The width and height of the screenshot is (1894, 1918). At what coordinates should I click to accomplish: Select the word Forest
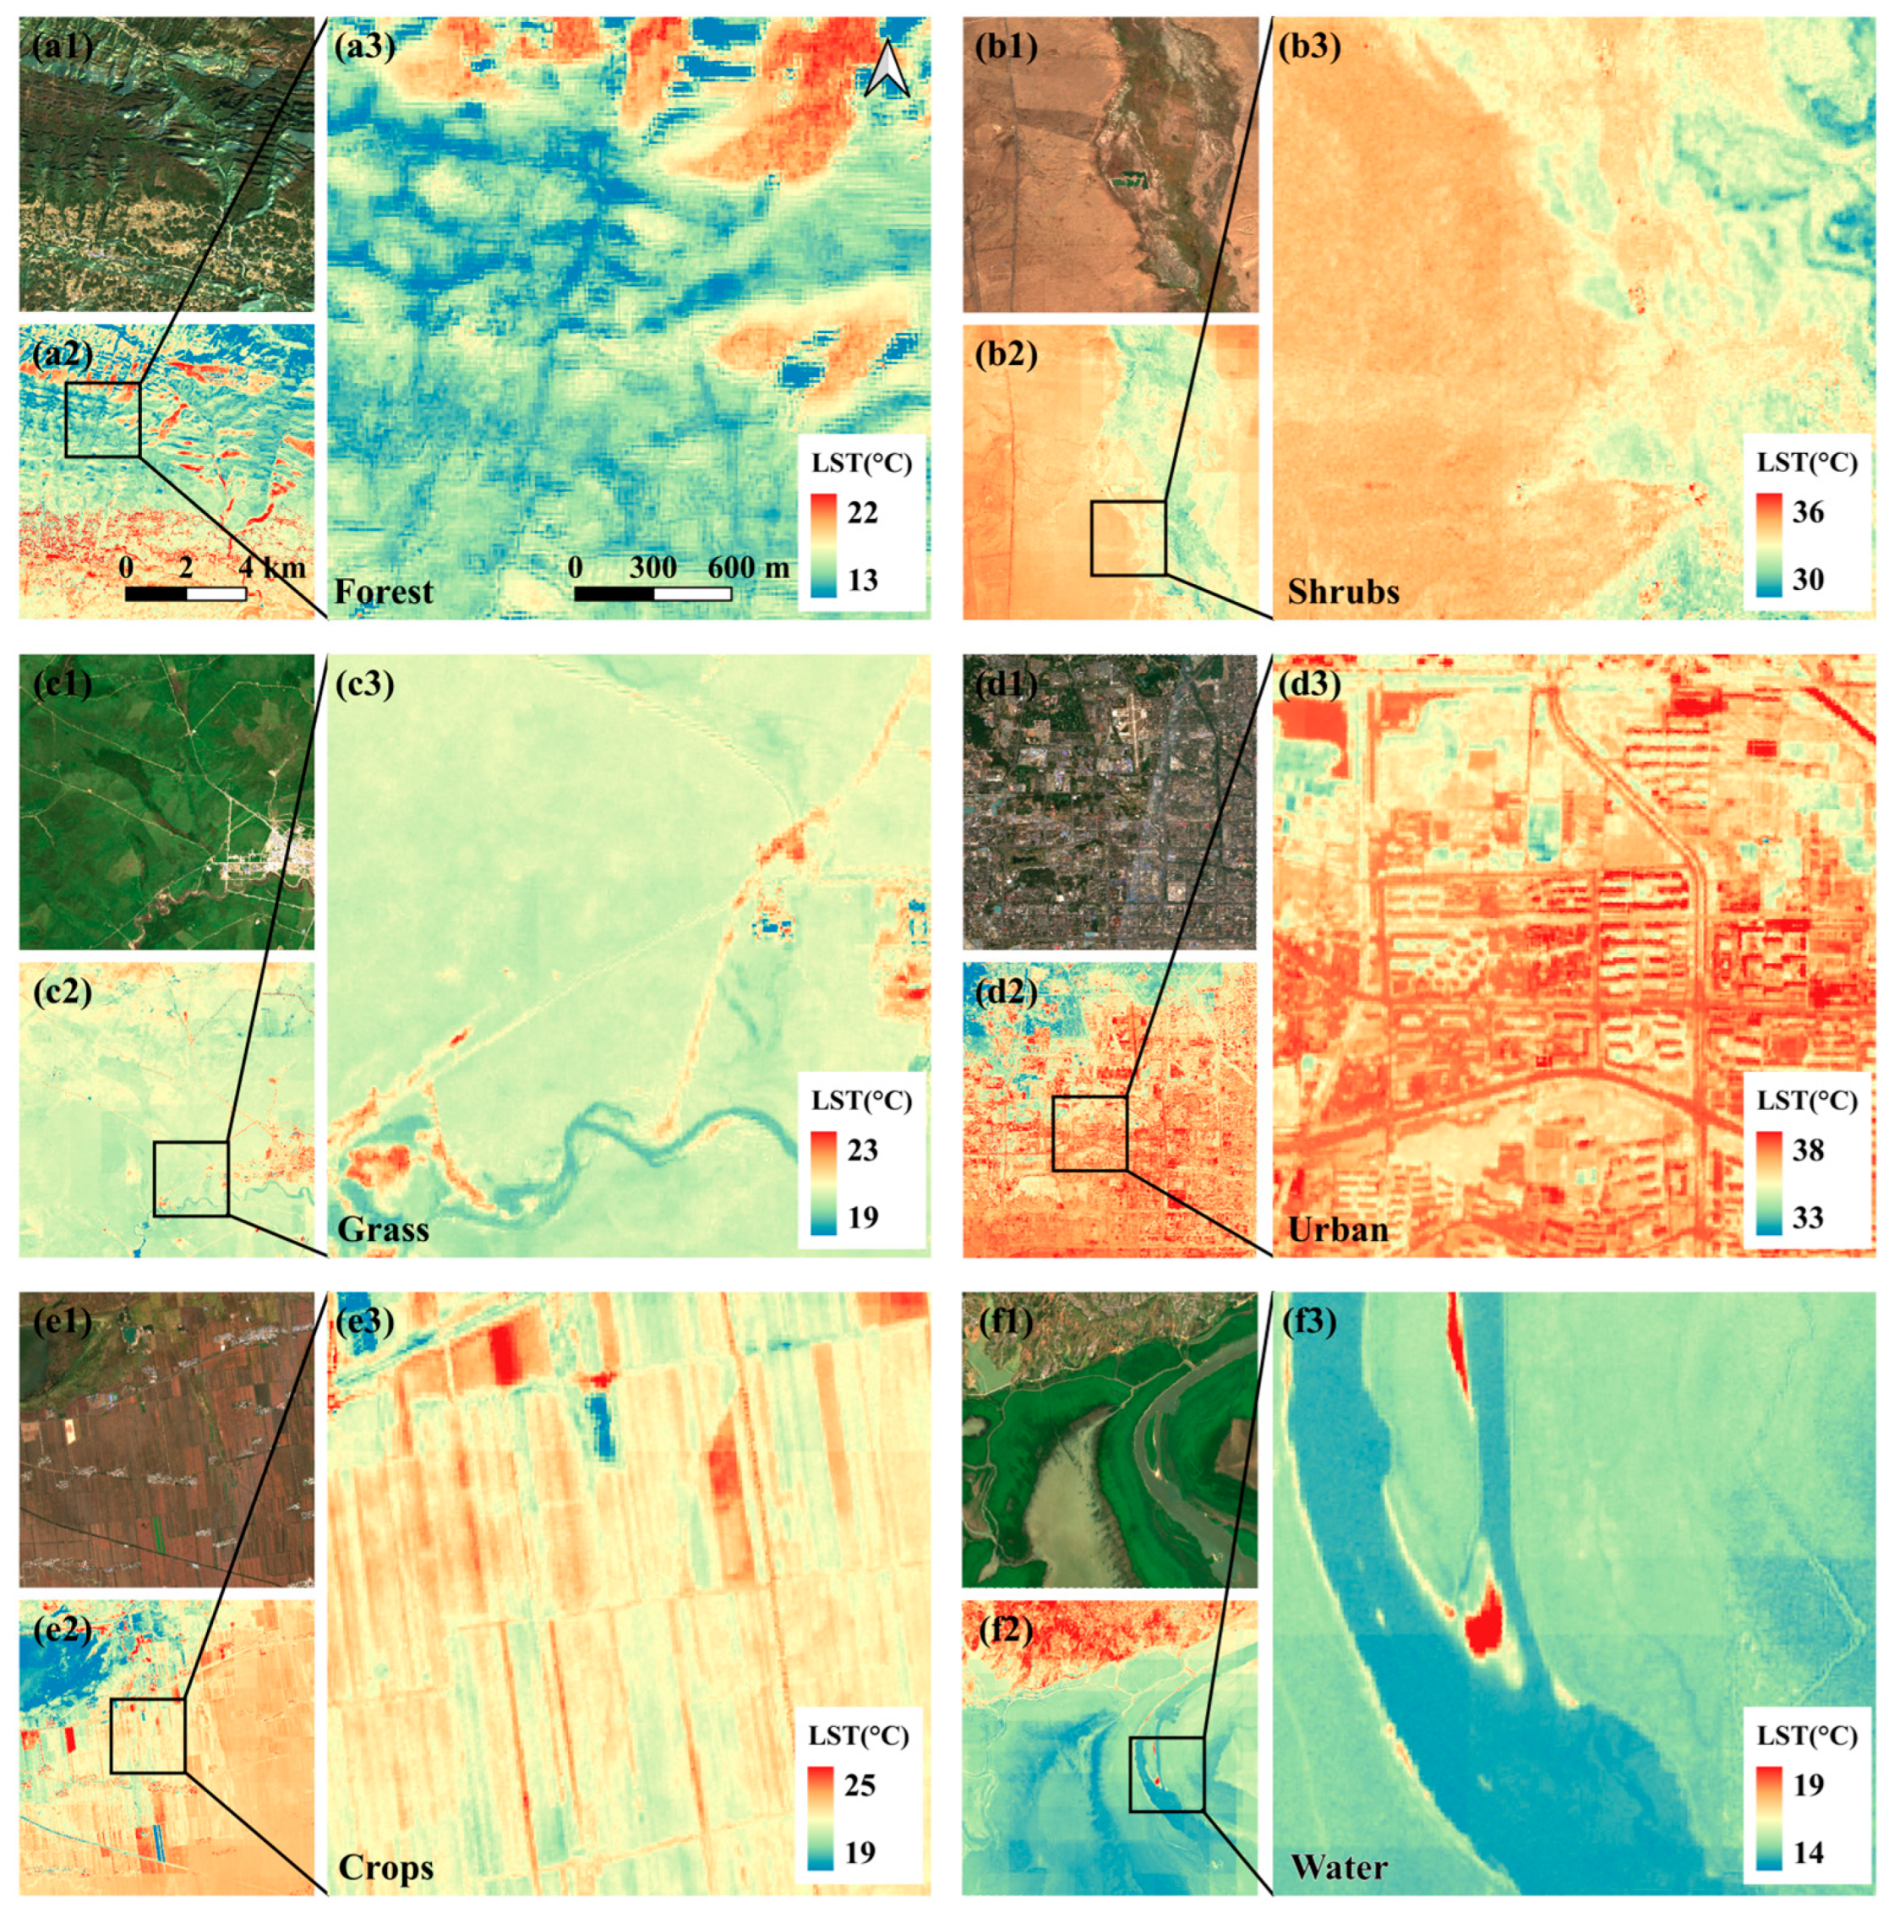(383, 593)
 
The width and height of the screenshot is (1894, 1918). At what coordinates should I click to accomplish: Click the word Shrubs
(1343, 593)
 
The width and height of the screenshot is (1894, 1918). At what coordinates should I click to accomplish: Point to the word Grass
(383, 1230)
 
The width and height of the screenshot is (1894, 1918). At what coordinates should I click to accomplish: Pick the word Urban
(1337, 1230)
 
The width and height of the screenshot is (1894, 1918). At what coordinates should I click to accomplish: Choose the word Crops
(386, 1867)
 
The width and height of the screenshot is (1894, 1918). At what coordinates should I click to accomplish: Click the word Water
(1339, 1867)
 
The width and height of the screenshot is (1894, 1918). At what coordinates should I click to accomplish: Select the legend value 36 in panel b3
(1808, 512)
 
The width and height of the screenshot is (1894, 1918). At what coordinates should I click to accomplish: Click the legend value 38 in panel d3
(1808, 1150)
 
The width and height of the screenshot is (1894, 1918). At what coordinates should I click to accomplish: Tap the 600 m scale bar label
(749, 568)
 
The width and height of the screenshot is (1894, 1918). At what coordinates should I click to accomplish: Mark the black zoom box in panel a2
(103, 420)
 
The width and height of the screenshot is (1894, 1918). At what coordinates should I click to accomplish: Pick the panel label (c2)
(63, 992)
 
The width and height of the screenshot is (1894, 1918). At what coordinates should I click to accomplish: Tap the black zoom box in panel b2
(1127, 538)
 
